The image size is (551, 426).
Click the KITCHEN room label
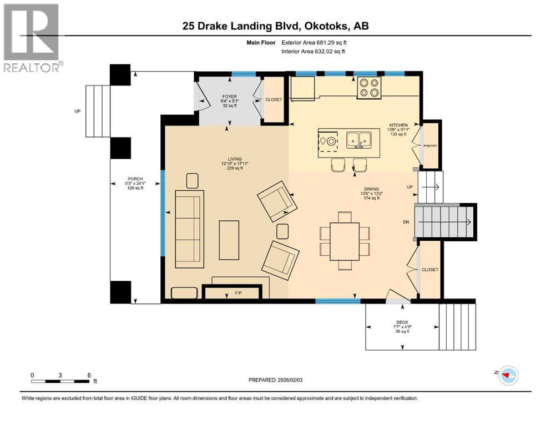[x=398, y=125]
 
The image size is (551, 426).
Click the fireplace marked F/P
[x=231, y=292]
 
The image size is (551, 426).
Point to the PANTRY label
[x=431, y=146]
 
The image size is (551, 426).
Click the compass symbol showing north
[x=507, y=376]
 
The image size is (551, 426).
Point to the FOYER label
[x=230, y=97]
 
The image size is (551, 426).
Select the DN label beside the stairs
[x=406, y=222]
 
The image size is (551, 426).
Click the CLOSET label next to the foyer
[x=274, y=100]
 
